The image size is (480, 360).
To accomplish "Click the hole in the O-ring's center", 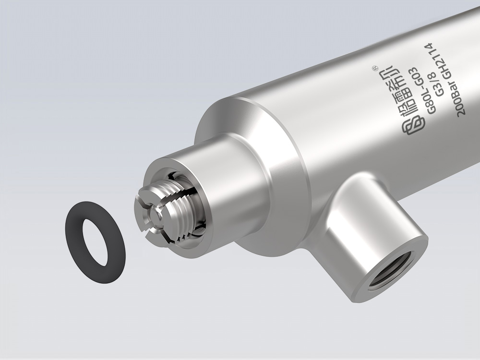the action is (95, 242).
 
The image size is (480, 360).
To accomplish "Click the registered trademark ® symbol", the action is (374, 68).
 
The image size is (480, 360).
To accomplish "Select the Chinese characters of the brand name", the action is (396, 92).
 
